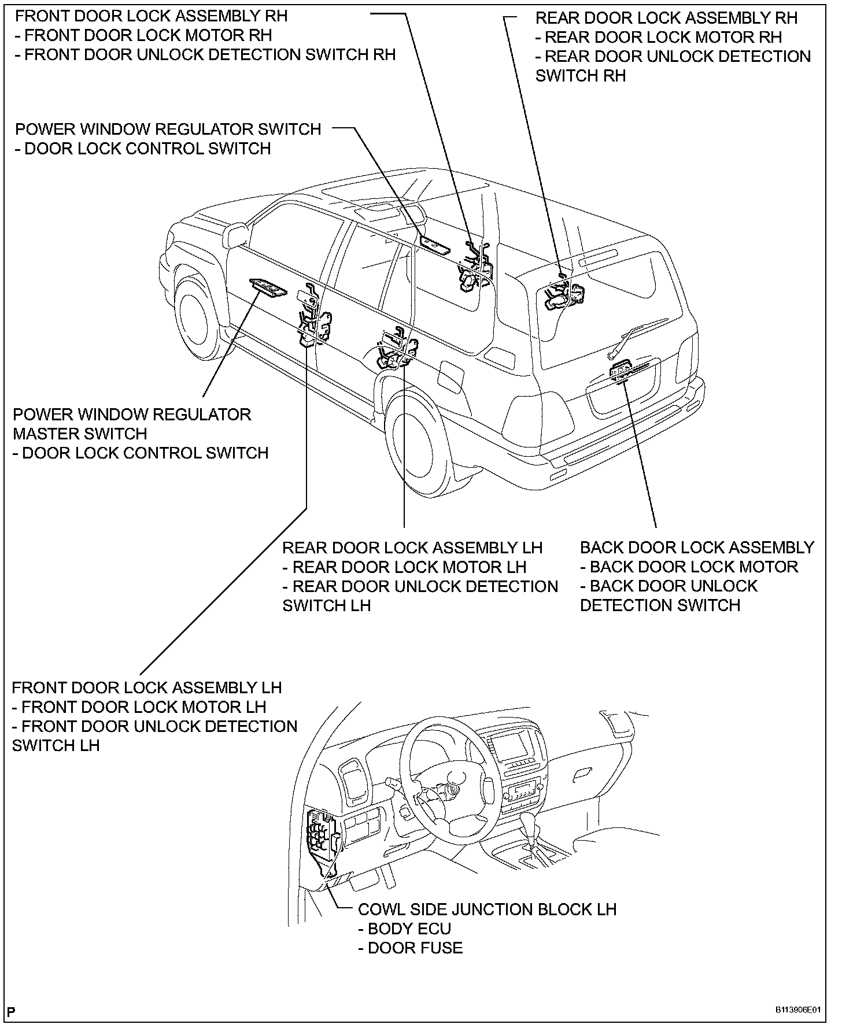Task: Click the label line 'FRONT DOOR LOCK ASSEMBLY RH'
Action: pyautogui.click(x=151, y=16)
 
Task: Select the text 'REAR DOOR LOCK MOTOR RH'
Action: pyautogui.click(x=663, y=38)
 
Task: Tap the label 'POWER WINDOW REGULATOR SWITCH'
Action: pyautogui.click(x=168, y=129)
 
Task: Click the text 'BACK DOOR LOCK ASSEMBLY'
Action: pyautogui.click(x=697, y=548)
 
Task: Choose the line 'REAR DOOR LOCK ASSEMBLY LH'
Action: pyautogui.click(x=412, y=548)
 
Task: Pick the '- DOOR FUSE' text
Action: pyautogui.click(x=410, y=948)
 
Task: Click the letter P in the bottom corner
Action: pyautogui.click(x=12, y=1011)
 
